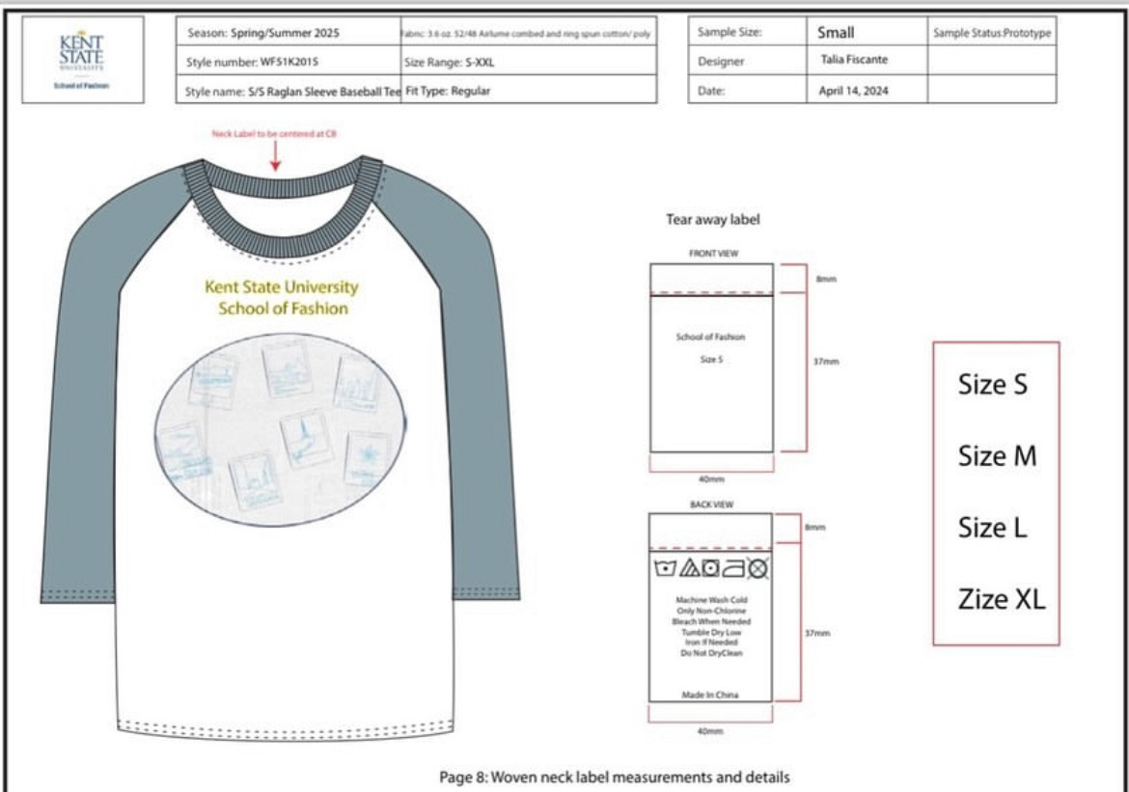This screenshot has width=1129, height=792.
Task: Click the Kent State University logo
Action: [x=82, y=59]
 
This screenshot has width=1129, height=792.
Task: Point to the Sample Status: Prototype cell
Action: [x=991, y=33]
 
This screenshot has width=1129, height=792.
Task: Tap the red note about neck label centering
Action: [x=275, y=135]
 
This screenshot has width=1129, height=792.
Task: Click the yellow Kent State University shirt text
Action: [x=281, y=287]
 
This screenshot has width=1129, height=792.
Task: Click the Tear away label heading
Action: [x=712, y=220]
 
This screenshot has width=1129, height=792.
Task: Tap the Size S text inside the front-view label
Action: [x=710, y=360]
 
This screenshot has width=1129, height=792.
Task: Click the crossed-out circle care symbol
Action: [x=758, y=569]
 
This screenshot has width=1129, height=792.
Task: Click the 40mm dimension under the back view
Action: [x=710, y=731]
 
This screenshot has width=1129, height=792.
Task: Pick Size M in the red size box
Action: [x=997, y=455]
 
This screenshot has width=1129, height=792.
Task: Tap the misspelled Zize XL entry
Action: [x=1001, y=600]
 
